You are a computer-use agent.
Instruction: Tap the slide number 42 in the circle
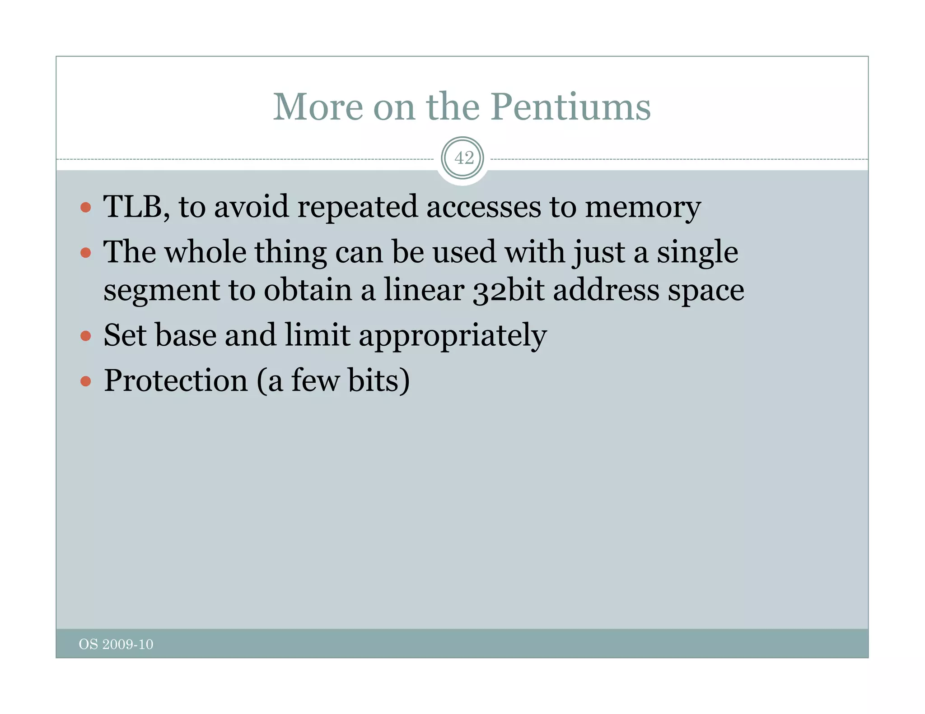coord(464,158)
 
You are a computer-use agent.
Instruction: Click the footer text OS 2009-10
coord(116,644)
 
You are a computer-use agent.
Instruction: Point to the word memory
coord(643,208)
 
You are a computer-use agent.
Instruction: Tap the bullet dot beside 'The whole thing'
coord(86,252)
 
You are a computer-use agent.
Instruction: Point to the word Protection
coord(176,380)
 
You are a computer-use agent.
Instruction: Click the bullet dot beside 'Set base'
coord(86,336)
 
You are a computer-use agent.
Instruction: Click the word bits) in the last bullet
coord(378,380)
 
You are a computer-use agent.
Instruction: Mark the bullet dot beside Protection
coord(86,381)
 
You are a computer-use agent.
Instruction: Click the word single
coord(697,253)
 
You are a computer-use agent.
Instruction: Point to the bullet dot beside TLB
coord(86,208)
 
